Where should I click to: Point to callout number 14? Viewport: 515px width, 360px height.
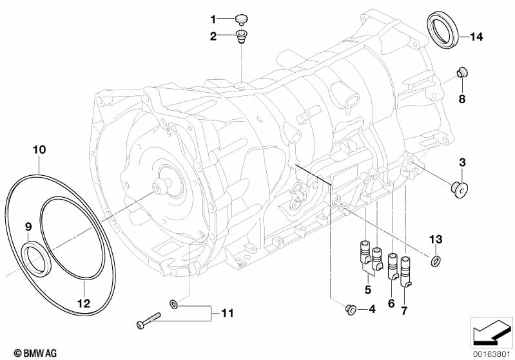pos(476,37)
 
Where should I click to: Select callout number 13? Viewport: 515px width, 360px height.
pos(436,240)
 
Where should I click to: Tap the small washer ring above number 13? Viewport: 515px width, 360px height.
pos(436,260)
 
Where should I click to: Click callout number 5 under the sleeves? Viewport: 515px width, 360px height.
pos(367,289)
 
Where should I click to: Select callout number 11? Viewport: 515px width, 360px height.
pos(226,314)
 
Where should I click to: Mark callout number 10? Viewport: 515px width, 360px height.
pos(39,149)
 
